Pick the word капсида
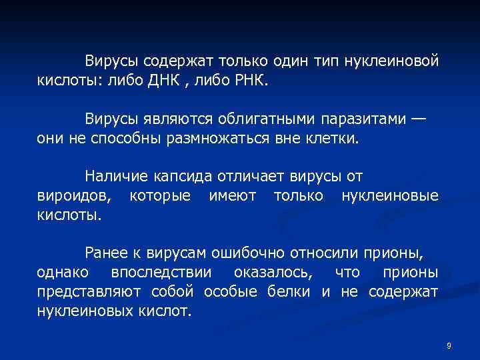click(x=181, y=177)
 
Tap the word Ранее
click(x=105, y=253)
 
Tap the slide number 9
click(x=449, y=345)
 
